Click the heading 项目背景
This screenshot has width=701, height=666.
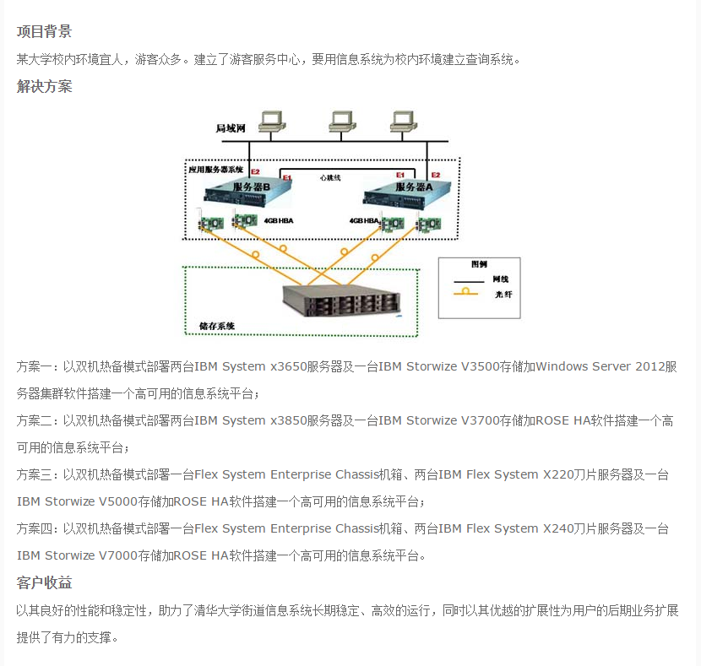(x=44, y=32)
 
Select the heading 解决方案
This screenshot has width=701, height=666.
(x=44, y=86)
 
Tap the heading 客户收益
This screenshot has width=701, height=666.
(x=44, y=582)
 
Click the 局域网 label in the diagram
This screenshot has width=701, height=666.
(x=230, y=129)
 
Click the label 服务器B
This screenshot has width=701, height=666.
(x=251, y=187)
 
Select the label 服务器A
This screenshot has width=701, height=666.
(x=413, y=187)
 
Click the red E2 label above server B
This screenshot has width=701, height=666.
(x=255, y=171)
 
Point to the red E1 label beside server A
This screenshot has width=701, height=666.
(x=399, y=174)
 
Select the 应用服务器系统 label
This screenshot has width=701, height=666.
(x=215, y=169)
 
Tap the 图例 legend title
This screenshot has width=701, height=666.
(x=479, y=264)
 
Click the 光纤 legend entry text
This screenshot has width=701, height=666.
(x=502, y=294)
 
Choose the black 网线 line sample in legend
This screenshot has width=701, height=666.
(x=470, y=279)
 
